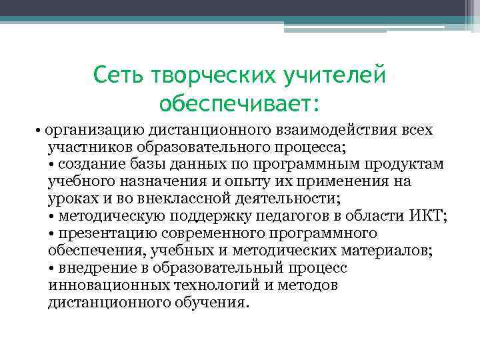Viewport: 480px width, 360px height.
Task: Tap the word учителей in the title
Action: pyautogui.click(x=333, y=75)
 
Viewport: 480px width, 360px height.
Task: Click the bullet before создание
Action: pyautogui.click(x=52, y=164)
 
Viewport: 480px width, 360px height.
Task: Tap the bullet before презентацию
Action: pyautogui.click(x=52, y=233)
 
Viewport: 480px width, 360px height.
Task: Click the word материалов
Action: pyautogui.click(x=389, y=251)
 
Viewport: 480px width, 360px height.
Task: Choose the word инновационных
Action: pyautogui.click(x=100, y=285)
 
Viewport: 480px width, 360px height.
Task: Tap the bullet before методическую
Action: pyautogui.click(x=52, y=216)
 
